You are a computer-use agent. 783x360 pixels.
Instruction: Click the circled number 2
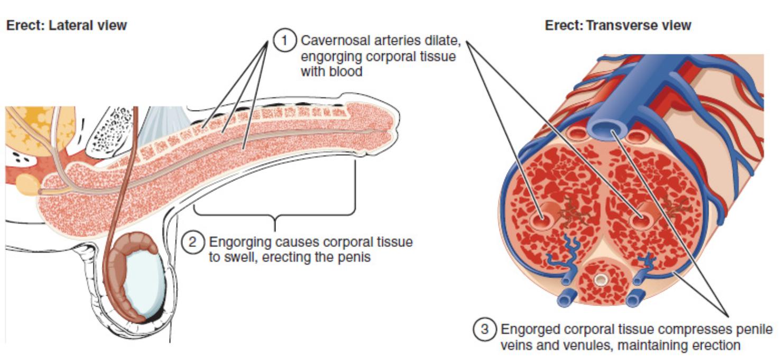193,242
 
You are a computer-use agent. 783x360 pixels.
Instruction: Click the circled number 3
484,330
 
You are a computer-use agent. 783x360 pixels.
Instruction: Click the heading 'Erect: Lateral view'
66,25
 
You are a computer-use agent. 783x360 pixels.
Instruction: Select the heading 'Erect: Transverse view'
618,25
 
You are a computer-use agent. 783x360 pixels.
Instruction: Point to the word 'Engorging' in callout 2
235,242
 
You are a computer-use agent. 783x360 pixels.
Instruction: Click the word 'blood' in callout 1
346,71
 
